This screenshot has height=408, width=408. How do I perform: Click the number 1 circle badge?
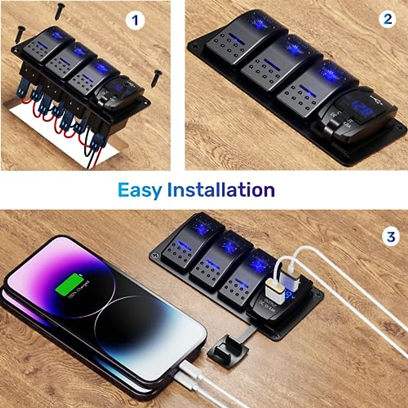[x=135, y=20]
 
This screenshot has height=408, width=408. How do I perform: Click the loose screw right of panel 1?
[x=157, y=78]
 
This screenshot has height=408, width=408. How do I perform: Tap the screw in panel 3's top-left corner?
[x=156, y=254]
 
